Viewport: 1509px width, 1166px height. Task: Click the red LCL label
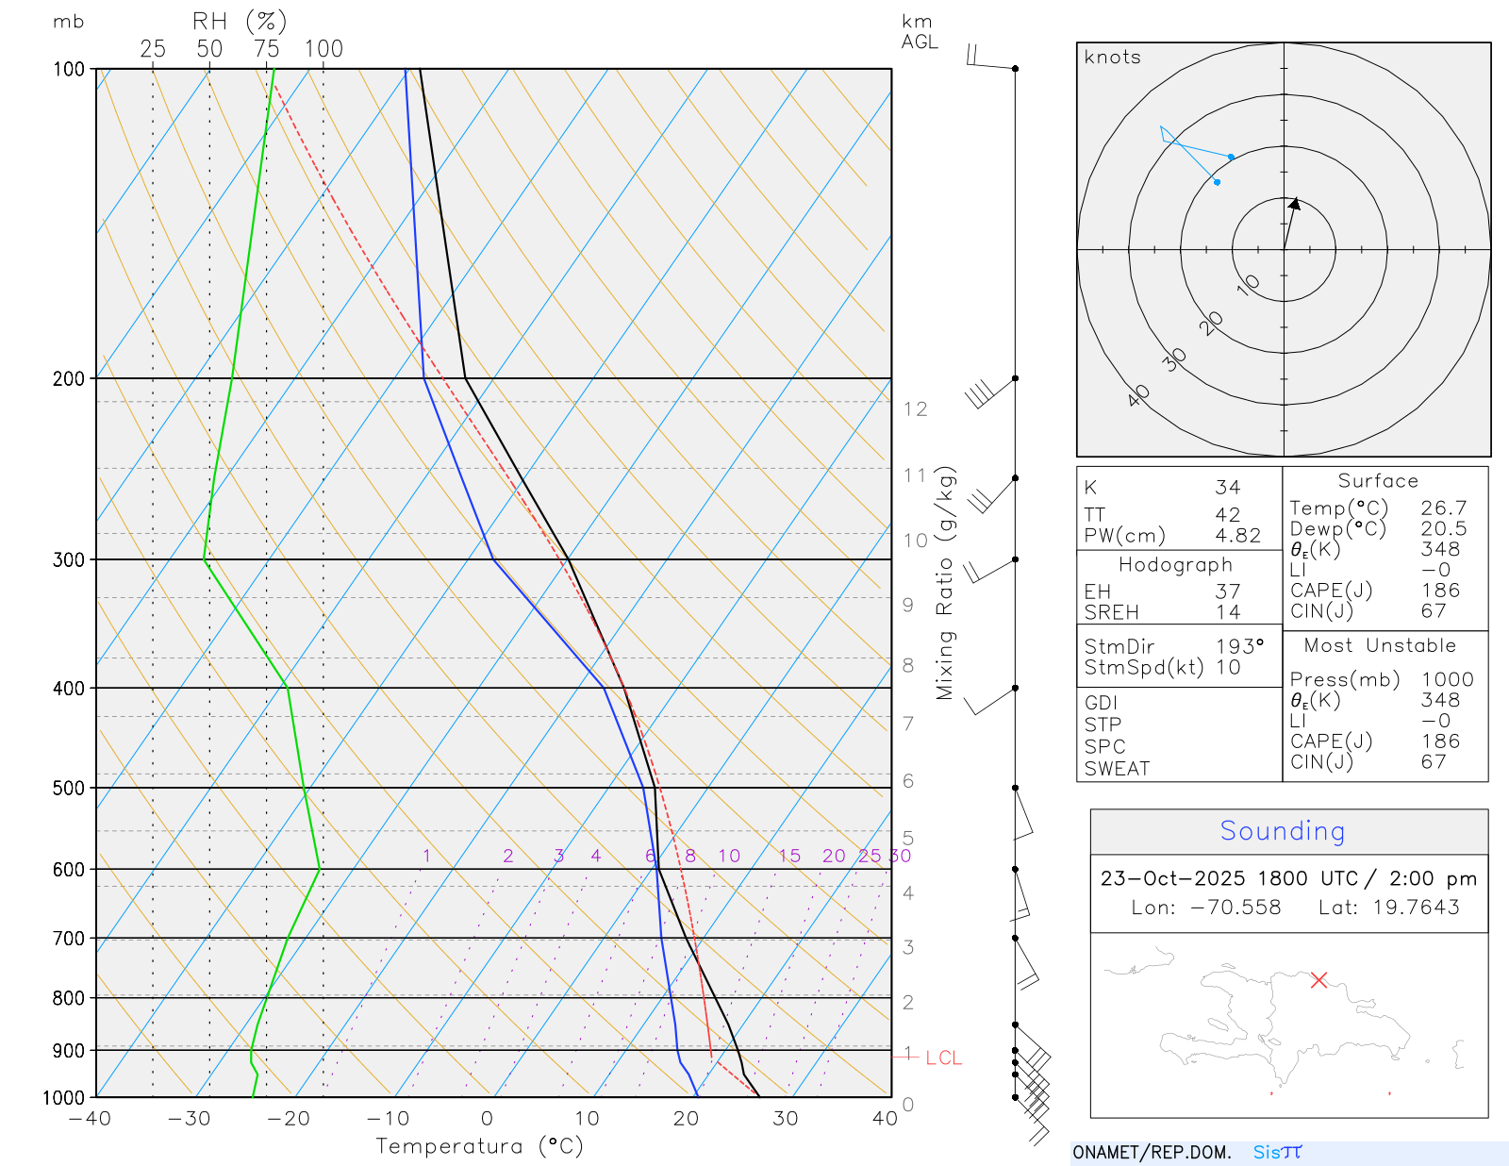click(943, 1058)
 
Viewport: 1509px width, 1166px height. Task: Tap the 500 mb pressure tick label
click(68, 788)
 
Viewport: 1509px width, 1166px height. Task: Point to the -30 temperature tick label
click(189, 1119)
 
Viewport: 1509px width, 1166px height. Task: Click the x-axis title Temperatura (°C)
click(479, 1146)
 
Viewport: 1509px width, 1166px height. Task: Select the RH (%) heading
click(240, 21)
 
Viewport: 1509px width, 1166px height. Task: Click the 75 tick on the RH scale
click(266, 49)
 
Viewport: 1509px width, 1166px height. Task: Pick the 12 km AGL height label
click(915, 408)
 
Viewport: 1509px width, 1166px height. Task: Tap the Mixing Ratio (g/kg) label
click(945, 583)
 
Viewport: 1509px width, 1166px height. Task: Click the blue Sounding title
click(1282, 831)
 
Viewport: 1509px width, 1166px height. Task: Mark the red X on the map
click(1318, 980)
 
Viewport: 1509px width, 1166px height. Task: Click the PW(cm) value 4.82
click(1237, 536)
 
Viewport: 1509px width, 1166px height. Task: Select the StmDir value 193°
click(1238, 646)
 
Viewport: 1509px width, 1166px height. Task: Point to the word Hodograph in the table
click(1175, 564)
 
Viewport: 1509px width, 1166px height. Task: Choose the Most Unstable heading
click(1380, 645)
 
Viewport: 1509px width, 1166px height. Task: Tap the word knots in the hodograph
click(1112, 58)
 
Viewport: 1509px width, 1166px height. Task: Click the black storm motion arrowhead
click(1295, 203)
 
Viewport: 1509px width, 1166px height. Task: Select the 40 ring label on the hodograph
click(1138, 395)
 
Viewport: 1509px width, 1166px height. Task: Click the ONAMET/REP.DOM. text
click(1152, 1152)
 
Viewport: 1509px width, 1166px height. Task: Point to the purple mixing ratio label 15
click(789, 856)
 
